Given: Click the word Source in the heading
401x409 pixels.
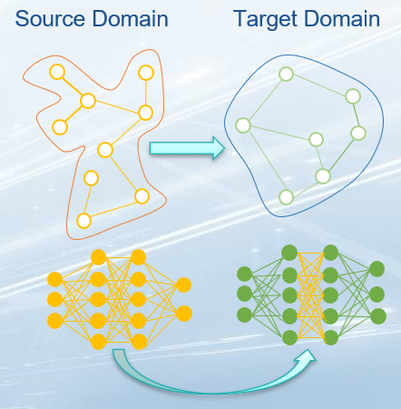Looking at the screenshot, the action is tap(50, 19).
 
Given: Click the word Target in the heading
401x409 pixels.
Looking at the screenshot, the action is tap(265, 20).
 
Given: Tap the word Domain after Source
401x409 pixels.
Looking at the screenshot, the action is tap(130, 19).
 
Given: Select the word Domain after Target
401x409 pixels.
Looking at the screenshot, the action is tap(342, 19).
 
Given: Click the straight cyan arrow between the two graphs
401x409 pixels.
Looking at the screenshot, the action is tap(187, 148).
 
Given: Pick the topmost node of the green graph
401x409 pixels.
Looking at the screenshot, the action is tap(286, 74).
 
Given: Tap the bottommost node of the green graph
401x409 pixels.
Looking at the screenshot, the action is tap(286, 197).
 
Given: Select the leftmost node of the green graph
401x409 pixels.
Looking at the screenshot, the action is tap(243, 125).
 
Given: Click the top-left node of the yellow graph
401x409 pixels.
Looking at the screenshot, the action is tap(57, 72).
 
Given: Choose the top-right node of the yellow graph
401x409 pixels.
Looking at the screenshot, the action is tap(146, 73).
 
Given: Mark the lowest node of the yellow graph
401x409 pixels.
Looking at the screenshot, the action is tap(83, 221).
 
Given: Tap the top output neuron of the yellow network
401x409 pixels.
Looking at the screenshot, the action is tap(183, 284).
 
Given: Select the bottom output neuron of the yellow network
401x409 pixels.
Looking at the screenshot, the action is tap(183, 314).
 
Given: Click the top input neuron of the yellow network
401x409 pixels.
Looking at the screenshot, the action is tap(55, 279).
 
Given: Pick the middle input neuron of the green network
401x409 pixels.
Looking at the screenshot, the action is tap(244, 294).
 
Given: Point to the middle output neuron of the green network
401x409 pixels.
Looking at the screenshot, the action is tap(377, 294).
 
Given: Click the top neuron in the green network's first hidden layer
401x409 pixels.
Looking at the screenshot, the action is tap(289, 253).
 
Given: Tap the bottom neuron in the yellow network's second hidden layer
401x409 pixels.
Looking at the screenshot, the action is tap(139, 342).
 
